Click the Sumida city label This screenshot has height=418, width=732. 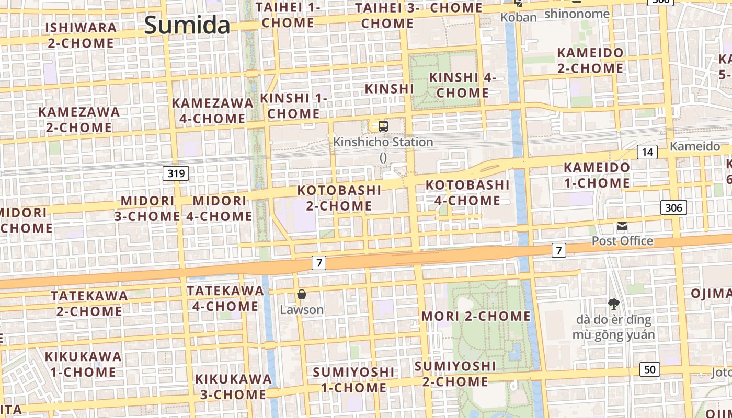(x=187, y=25)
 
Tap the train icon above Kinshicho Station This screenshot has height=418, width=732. (x=383, y=126)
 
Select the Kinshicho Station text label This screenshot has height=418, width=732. (x=383, y=142)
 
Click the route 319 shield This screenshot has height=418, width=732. (x=176, y=173)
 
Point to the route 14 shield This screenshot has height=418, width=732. (x=647, y=152)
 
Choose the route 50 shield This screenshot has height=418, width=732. (x=649, y=369)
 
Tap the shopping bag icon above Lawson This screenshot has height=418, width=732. (x=302, y=294)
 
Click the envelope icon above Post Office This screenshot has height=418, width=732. (x=622, y=226)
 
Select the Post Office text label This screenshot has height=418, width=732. (x=622, y=241)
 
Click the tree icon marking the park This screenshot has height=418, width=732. (x=614, y=304)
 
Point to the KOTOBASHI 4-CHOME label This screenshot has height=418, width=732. (x=467, y=193)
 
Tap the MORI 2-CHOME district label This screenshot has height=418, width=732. (x=476, y=316)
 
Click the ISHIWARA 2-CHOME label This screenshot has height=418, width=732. (x=81, y=35)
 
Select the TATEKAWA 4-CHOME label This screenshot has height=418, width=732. (x=225, y=298)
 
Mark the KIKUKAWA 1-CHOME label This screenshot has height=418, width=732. (x=83, y=364)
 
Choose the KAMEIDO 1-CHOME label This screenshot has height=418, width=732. (x=597, y=176)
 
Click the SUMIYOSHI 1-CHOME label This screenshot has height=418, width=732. (x=353, y=380)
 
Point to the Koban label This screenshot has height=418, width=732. (x=519, y=17)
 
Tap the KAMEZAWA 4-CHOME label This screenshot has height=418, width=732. (x=213, y=111)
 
